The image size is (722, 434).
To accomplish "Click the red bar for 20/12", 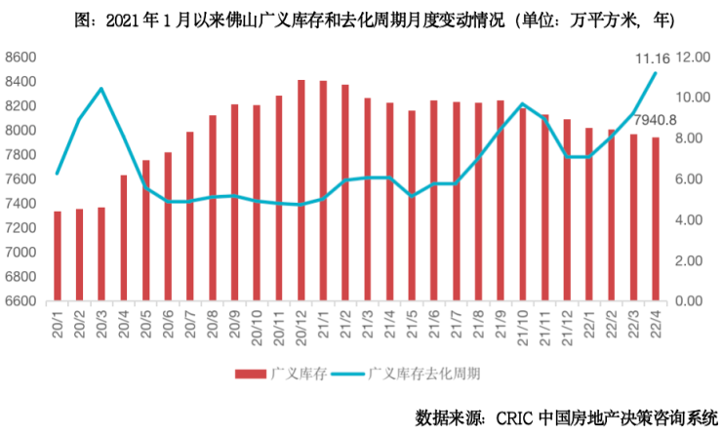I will [301, 190].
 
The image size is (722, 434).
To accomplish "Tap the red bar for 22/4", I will [654, 218].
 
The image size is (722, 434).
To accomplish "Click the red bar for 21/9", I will [500, 200].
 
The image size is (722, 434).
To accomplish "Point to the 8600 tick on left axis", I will [21, 58].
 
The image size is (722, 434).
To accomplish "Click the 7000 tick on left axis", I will [21, 252].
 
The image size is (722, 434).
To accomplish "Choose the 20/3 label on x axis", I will [101, 322].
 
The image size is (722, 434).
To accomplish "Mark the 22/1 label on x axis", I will [588, 322].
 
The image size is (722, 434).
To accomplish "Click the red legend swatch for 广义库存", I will [252, 373].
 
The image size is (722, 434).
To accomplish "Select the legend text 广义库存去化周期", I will [427, 373].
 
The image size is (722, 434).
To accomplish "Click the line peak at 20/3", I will [101, 89].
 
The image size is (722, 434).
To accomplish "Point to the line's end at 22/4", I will [654, 73].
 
